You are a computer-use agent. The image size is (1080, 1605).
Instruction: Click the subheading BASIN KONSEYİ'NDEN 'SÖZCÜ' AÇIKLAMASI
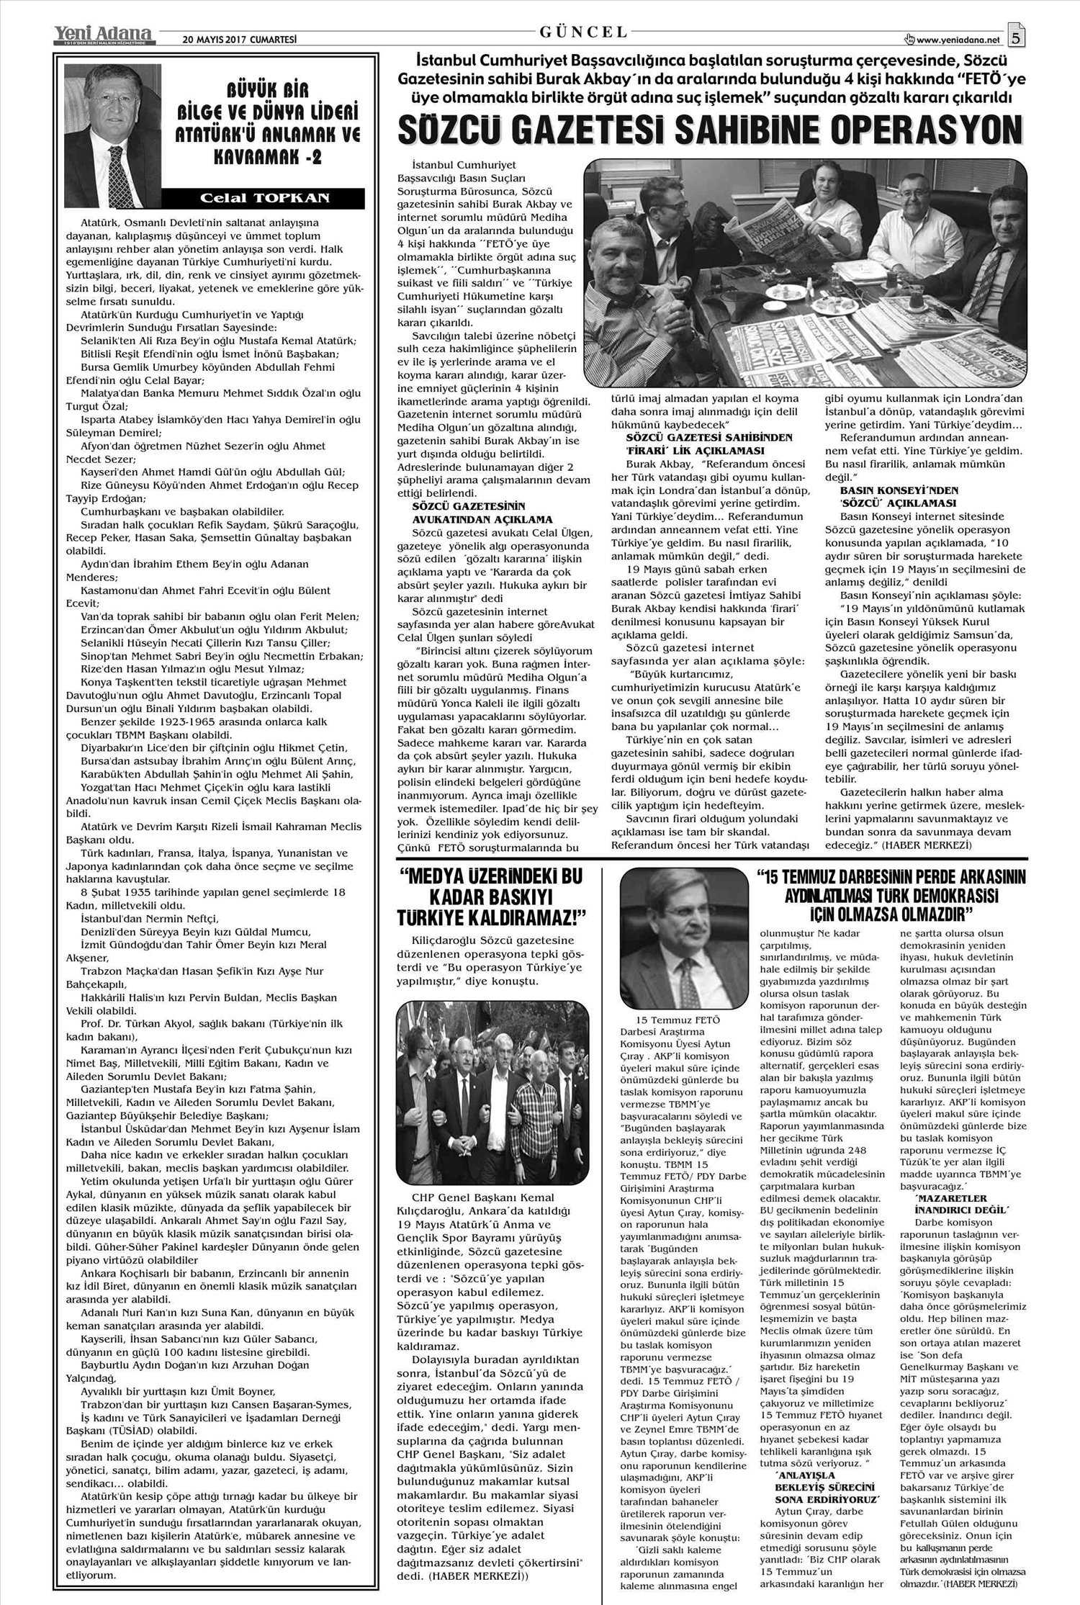pyautogui.click(x=893, y=496)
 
